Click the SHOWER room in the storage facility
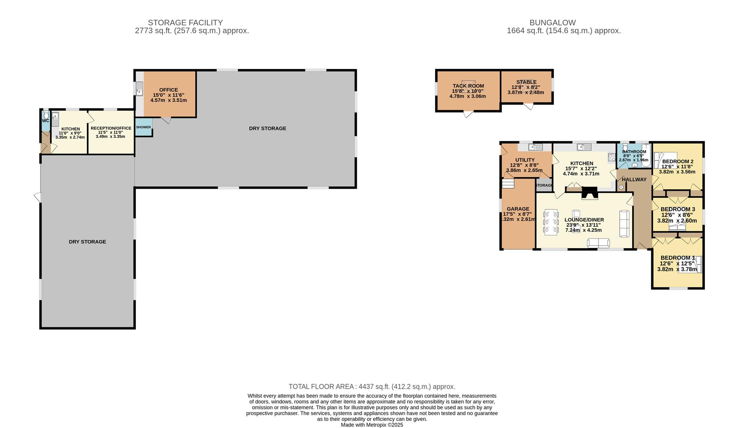(143, 127)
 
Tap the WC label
(46, 121)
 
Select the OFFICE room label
(168, 90)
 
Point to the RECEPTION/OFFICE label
(111, 128)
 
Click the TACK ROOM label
(468, 86)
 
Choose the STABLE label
(526, 82)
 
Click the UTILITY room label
(525, 160)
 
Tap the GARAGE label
(518, 209)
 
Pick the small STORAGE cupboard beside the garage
(544, 185)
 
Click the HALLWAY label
(634, 180)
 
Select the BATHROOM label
(634, 152)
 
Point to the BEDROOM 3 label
(678, 209)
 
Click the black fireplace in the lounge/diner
(589, 193)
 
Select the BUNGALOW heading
(553, 23)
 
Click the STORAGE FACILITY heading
(185, 23)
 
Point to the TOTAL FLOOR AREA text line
(372, 387)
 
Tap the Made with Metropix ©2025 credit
(372, 425)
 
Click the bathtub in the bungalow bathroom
(646, 156)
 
